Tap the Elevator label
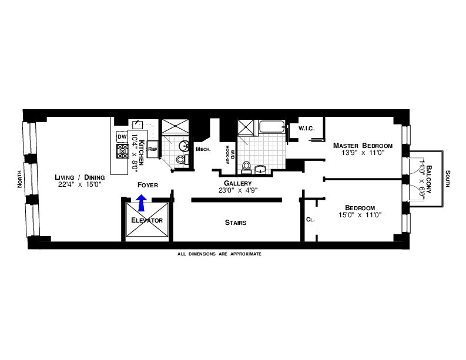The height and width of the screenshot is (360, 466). pyautogui.click(x=147, y=220)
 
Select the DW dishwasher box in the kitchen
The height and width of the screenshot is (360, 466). pyautogui.click(x=122, y=137)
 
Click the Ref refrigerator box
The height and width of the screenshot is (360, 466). pyautogui.click(x=152, y=150)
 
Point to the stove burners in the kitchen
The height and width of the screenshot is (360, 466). pyautogui.click(x=123, y=152)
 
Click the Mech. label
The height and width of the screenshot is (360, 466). pyautogui.click(x=203, y=149)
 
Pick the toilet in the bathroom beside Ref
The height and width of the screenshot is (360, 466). pyautogui.click(x=182, y=159)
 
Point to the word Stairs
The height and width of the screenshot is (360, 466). pyautogui.click(x=235, y=223)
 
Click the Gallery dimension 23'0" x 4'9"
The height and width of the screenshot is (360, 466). pyautogui.click(x=237, y=190)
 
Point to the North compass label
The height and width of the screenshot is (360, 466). pyautogui.click(x=19, y=177)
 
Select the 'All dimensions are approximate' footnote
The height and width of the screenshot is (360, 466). pyautogui.click(x=219, y=254)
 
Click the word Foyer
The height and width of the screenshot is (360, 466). pyautogui.click(x=147, y=185)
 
